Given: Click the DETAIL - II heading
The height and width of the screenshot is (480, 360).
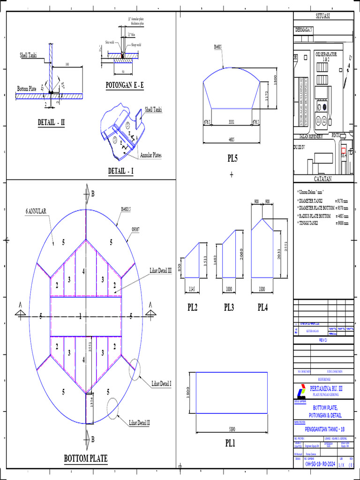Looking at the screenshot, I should click(x=51, y=123).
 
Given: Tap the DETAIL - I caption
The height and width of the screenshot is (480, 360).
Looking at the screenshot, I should click(x=121, y=171).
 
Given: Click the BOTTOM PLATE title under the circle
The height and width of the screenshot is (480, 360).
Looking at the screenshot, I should click(x=85, y=458).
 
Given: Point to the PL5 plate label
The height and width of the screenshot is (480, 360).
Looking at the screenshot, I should click(x=231, y=158).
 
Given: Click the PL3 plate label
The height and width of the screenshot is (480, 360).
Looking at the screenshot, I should click(x=230, y=307).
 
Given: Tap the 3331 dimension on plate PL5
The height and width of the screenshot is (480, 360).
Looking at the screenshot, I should click(x=232, y=122).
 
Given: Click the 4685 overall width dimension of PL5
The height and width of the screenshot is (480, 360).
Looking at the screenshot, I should click(x=231, y=139).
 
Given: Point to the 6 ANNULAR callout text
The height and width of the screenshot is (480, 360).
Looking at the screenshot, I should click(x=36, y=211).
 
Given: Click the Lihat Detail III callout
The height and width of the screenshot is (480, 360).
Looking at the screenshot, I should click(x=161, y=270).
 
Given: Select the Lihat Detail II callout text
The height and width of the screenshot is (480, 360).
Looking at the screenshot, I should click(x=140, y=422).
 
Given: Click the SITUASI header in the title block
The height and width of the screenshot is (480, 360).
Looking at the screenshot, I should click(x=322, y=16).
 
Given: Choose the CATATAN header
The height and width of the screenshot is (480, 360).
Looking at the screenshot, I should click(x=322, y=179).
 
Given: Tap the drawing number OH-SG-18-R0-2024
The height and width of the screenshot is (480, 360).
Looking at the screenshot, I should click(x=320, y=464).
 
